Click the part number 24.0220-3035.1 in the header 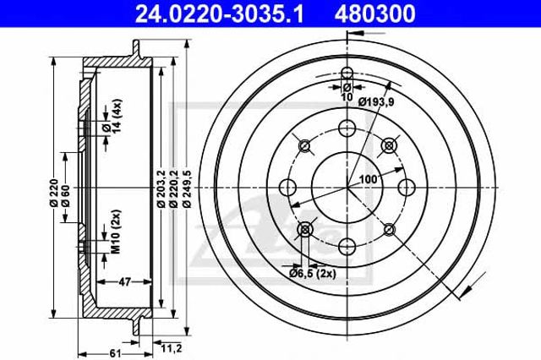(220, 14)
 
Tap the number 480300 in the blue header (374, 14)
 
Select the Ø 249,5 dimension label (188, 188)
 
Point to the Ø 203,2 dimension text (161, 188)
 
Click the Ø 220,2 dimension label (174, 188)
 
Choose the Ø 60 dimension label (66, 196)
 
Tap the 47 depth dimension (124, 282)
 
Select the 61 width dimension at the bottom (115, 353)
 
